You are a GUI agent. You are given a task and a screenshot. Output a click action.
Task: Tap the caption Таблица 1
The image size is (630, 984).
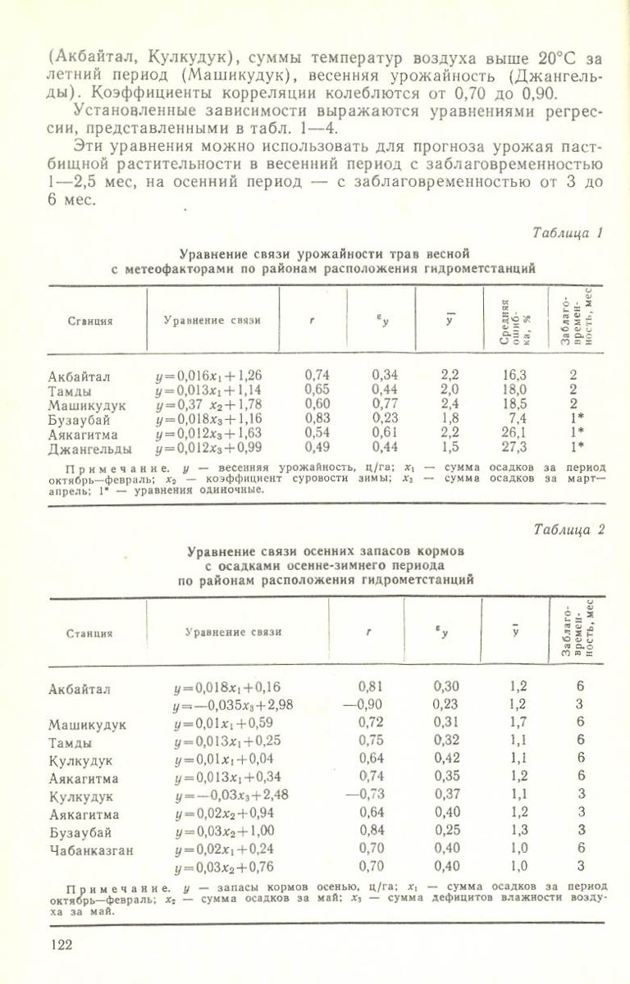click(568, 233)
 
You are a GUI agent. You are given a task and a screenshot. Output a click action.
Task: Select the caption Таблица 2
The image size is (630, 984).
click(568, 529)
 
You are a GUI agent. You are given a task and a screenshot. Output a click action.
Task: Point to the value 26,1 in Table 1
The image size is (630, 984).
click(514, 432)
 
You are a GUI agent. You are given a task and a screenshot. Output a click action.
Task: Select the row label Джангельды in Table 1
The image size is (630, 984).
click(90, 448)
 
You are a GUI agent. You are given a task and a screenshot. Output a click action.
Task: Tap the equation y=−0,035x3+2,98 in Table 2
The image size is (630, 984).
click(233, 704)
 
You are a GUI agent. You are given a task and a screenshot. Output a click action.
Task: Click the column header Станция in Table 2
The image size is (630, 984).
click(89, 632)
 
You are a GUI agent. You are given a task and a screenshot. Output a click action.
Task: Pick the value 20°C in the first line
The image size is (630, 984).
click(536, 57)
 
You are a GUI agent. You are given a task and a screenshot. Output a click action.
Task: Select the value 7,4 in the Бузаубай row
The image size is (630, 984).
click(518, 418)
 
